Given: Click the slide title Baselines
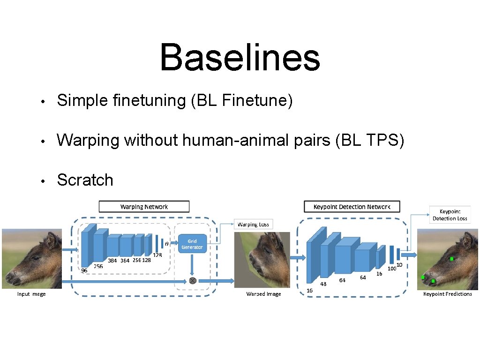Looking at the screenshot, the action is coord(240,57).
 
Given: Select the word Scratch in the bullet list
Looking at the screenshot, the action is coord(85,180).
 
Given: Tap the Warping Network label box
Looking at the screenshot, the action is coord(144,207).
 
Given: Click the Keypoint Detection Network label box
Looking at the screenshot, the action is coord(352,207).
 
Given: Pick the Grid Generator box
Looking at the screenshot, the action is coord(192,244).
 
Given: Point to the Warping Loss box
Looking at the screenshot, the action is coord(253,225).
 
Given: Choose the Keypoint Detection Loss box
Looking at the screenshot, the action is coord(450,215).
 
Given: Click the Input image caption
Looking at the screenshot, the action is coord(31,294).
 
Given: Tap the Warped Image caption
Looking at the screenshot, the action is coord(263,294).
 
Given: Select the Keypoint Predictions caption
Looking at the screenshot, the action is coord(447,294).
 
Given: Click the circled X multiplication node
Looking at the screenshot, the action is coord(192,281).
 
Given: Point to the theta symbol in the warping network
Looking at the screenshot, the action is coord(167,244).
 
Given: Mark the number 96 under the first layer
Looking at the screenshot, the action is coord(84,270).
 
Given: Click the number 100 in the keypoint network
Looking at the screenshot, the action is coord(391,269).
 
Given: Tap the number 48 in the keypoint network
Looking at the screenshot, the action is coord(323,284).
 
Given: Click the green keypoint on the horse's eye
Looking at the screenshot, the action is coord(452,259).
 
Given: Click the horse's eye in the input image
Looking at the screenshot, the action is coord(36,258).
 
